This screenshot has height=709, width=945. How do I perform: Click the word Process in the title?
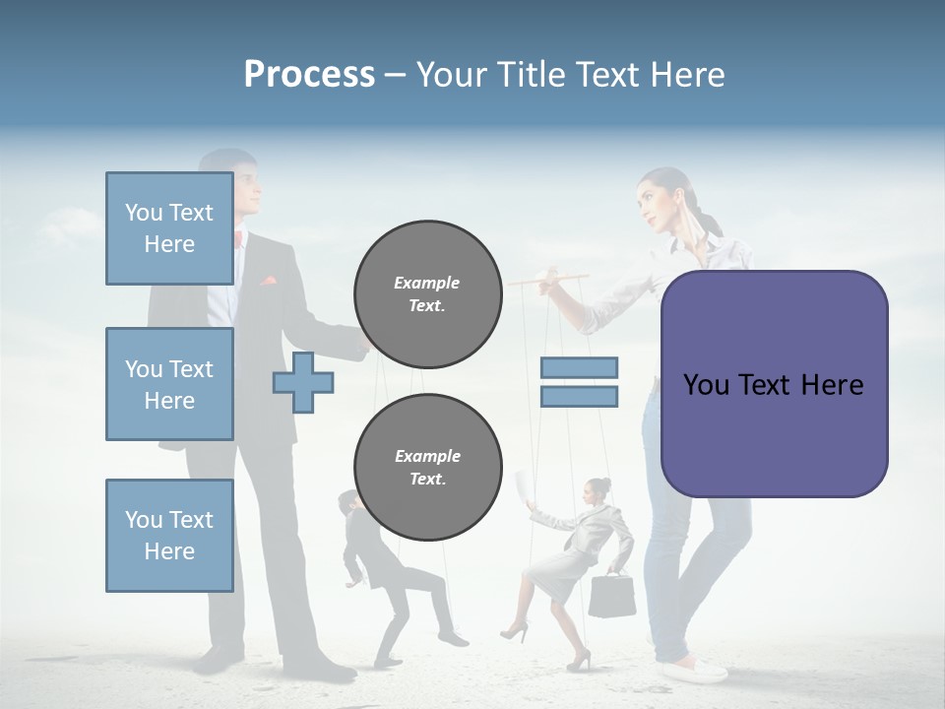tap(309, 75)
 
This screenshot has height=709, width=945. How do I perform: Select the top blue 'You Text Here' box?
tap(169, 228)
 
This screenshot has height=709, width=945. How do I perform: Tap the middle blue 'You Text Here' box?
tap(169, 384)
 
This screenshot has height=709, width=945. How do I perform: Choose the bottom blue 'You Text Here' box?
tap(169, 536)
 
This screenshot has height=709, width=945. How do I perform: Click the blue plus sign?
tap(302, 382)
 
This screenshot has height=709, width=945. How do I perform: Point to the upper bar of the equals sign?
tap(579, 367)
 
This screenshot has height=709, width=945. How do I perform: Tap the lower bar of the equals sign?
tap(579, 397)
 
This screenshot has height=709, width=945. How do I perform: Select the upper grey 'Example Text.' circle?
tap(427, 293)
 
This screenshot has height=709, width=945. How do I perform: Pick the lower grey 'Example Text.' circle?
tap(427, 467)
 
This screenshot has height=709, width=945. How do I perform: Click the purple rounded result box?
tap(774, 384)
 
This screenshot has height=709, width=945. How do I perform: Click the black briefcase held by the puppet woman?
tap(611, 595)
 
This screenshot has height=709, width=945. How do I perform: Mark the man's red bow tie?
tap(239, 238)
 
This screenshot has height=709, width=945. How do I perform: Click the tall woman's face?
tap(654, 202)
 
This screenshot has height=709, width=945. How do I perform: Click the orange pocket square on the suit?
tap(268, 281)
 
